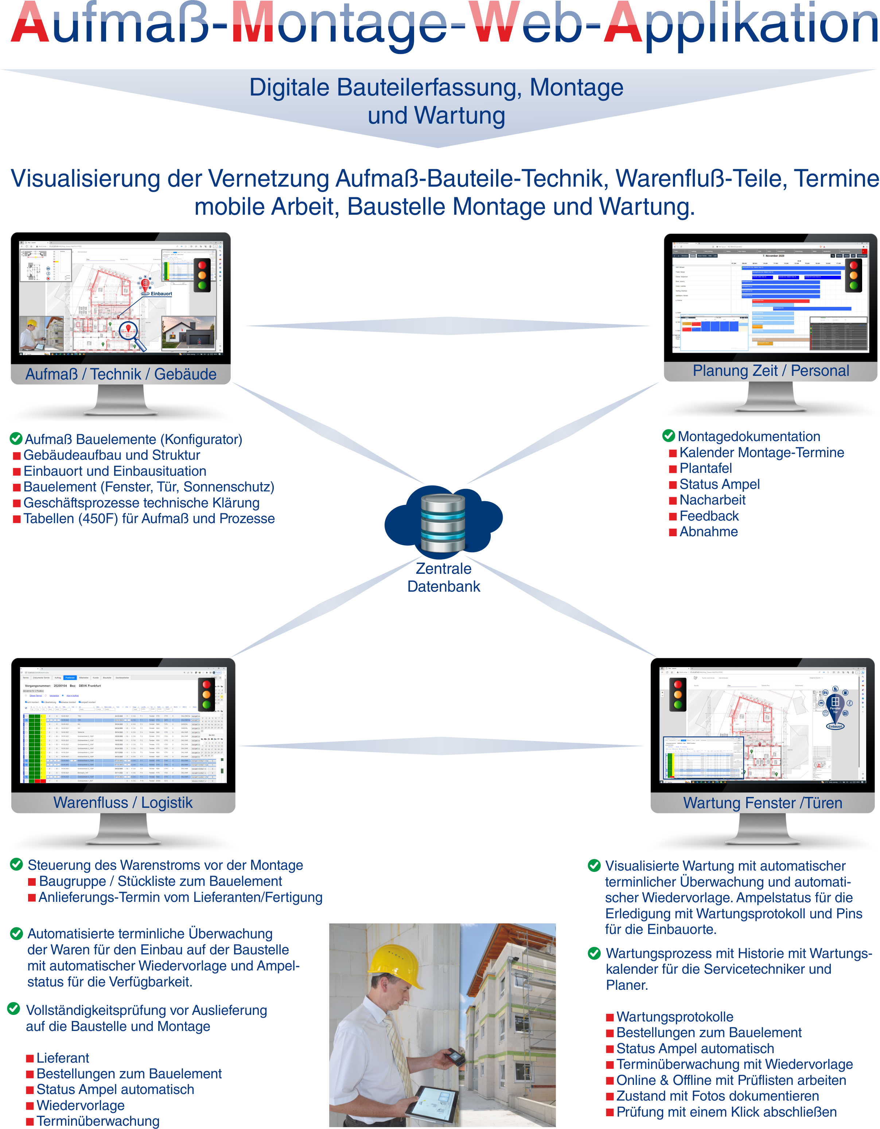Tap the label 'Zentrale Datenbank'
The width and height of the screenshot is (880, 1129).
click(444, 577)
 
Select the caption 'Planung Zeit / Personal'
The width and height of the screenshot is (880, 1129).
click(770, 371)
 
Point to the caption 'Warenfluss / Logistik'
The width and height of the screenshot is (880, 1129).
click(123, 802)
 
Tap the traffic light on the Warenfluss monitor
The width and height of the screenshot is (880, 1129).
click(206, 694)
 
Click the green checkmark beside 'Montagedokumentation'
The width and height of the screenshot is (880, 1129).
click(669, 436)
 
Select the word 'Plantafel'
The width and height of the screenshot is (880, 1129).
click(706, 468)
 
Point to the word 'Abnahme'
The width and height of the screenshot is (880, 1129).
click(708, 532)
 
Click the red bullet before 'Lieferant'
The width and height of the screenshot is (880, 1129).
click(30, 1059)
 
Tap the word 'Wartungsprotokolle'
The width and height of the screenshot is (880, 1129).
click(675, 1017)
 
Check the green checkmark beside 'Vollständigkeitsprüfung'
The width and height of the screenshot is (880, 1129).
click(14, 1009)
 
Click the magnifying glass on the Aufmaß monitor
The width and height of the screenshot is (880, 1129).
click(129, 331)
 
